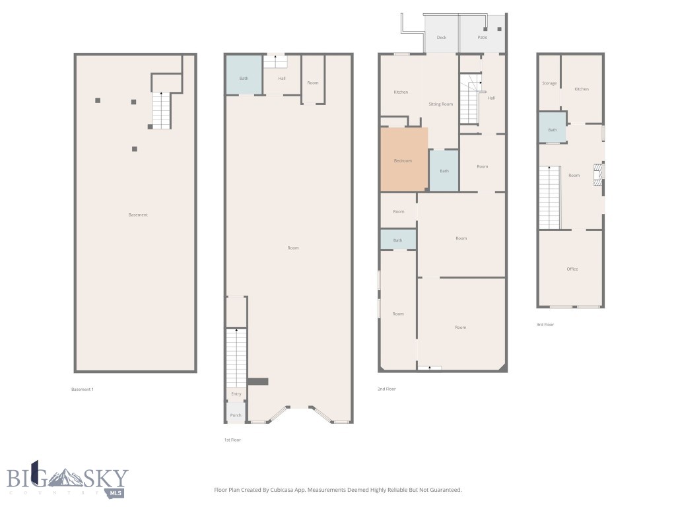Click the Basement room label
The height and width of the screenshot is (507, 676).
[x=138, y=215]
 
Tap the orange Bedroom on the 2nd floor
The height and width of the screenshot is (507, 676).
[x=403, y=160]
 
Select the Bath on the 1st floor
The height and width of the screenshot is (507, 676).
[x=244, y=79]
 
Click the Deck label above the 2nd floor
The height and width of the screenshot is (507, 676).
[x=442, y=38]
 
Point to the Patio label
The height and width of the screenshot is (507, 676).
[x=483, y=38]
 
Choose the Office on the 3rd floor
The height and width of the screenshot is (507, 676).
[x=572, y=269]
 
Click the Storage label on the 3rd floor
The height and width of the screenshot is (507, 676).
[x=549, y=83]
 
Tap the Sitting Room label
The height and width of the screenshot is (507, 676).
[x=440, y=104]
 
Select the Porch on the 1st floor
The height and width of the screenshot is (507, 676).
[x=236, y=415]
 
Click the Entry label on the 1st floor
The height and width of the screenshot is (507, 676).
[x=236, y=394]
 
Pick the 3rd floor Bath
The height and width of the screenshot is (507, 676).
[x=553, y=129]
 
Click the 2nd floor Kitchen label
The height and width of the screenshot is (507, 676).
[x=401, y=92]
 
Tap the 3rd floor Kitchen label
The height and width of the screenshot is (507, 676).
[x=582, y=89]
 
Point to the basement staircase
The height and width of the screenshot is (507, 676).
[x=162, y=110]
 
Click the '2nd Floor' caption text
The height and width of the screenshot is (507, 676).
[x=386, y=389]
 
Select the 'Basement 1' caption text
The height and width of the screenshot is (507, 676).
[x=83, y=389]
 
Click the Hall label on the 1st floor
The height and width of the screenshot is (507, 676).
[x=282, y=79]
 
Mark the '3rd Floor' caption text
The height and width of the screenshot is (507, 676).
[x=545, y=324]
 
